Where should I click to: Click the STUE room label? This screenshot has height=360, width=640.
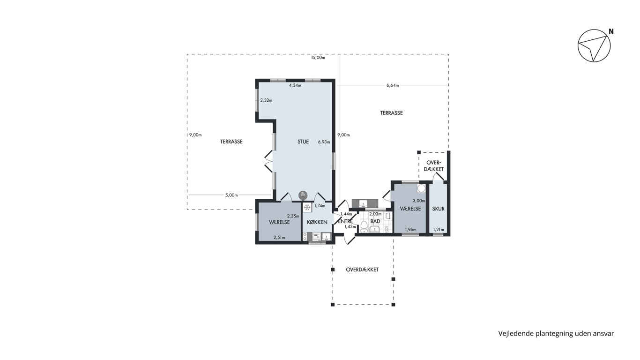(x=303, y=142)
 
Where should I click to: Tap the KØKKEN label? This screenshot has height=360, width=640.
(x=317, y=222)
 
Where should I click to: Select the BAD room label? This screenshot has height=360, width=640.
(x=375, y=221)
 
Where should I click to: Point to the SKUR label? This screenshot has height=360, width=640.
(x=438, y=209)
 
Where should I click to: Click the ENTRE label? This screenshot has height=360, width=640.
(x=345, y=222)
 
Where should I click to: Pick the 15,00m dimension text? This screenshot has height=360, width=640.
(x=318, y=58)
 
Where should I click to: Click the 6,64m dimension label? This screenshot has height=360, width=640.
(x=393, y=85)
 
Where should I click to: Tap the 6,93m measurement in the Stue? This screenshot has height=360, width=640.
(x=324, y=142)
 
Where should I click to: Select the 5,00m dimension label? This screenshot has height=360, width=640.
(x=231, y=195)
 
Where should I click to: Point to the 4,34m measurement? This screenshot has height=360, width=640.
(x=295, y=85)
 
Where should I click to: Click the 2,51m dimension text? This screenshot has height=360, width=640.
(x=279, y=237)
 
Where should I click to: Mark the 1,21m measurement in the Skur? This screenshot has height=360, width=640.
(x=438, y=229)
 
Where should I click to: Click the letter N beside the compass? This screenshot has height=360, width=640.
(x=611, y=32)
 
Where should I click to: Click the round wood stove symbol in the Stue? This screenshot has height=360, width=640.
(x=303, y=195)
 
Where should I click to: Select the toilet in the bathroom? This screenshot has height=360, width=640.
(x=364, y=227)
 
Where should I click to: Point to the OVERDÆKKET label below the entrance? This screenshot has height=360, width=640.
(x=362, y=270)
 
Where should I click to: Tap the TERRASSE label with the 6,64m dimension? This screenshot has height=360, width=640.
(x=391, y=113)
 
